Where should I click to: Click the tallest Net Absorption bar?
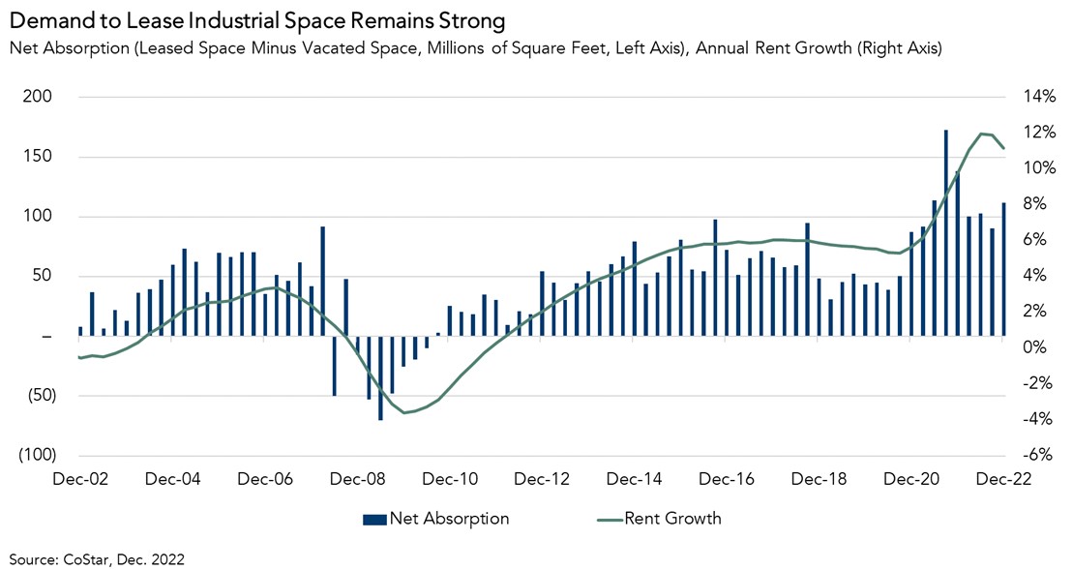tap(945, 232)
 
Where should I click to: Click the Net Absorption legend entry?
tap(436, 519)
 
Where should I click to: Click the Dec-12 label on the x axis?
tap(540, 479)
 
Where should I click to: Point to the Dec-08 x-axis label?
tap(355, 479)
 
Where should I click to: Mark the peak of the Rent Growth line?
tap(982, 134)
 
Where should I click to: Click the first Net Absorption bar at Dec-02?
tap(79, 331)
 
